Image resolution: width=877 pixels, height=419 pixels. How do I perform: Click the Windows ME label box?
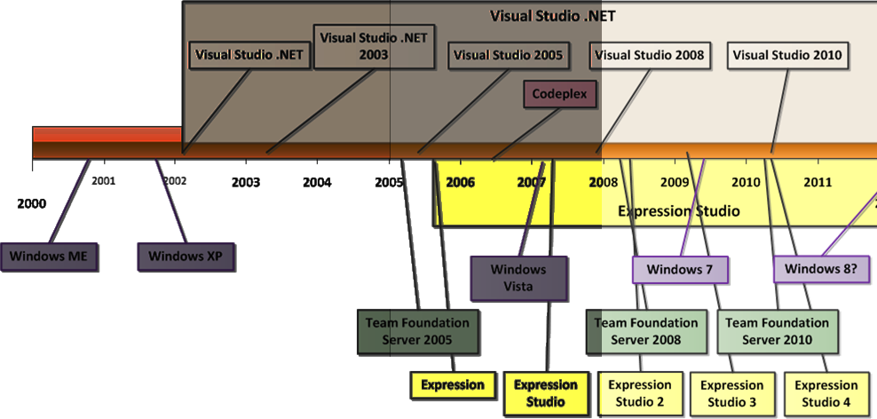coord(50,257)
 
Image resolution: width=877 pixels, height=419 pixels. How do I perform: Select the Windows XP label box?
coord(185,257)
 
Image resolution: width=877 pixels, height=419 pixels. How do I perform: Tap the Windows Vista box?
coord(519,277)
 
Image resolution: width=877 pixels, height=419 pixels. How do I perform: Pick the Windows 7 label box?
coord(681,269)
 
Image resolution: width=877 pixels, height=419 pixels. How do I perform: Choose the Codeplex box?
coord(559,94)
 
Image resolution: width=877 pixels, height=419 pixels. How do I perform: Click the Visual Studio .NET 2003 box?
coord(375,46)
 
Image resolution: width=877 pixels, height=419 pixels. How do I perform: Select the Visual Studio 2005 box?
coord(508,55)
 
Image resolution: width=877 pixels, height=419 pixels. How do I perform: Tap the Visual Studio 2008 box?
coord(650,55)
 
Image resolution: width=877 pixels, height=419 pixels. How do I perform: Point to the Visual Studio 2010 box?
coord(787,55)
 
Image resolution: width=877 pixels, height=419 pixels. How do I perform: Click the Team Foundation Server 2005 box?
coord(417,331)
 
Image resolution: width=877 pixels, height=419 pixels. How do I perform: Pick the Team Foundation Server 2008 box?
coord(648,331)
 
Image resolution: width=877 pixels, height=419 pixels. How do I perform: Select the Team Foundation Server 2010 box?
coord(778,331)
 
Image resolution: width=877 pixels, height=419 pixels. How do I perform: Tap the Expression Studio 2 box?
coord(640,393)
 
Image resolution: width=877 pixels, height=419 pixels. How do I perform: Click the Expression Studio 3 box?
coord(732,393)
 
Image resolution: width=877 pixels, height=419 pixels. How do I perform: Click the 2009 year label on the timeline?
coord(675,182)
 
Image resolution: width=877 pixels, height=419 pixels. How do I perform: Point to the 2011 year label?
coord(818,182)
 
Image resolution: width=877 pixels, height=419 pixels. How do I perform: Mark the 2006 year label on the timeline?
coord(460,182)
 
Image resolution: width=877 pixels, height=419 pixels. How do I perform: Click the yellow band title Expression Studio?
coord(678,211)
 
